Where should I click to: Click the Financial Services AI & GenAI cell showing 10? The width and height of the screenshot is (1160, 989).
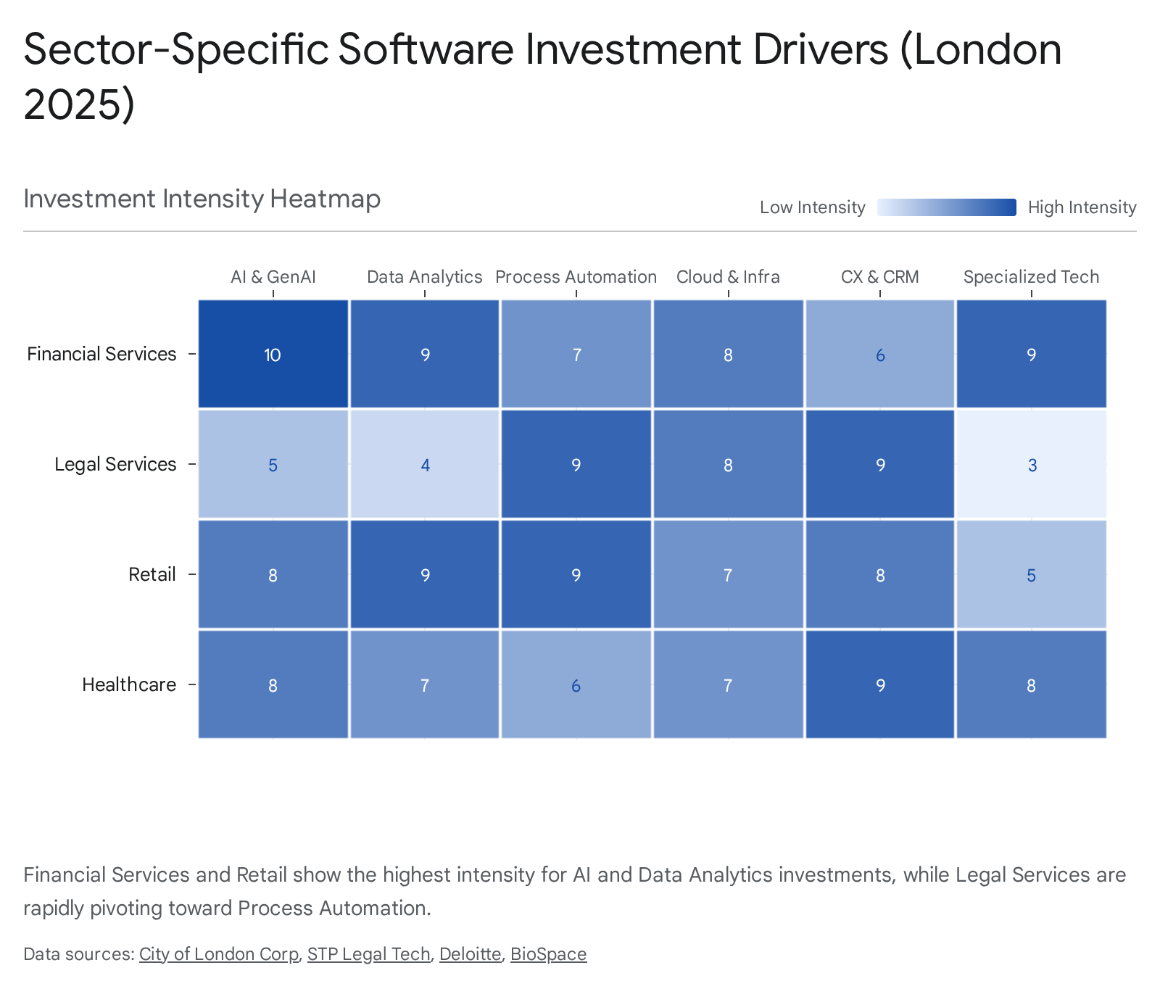pos(273,355)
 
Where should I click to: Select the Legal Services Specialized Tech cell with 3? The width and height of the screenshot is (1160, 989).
pos(1032,465)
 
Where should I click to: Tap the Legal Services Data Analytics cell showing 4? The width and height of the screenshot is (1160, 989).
pos(425,465)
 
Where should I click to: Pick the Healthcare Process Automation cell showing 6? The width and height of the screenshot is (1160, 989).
pos(576,685)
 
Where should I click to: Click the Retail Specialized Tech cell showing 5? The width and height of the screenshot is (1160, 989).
pos(1032,575)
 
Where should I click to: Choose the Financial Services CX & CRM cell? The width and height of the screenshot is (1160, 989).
pos(879,355)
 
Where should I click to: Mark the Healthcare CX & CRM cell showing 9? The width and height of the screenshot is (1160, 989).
pos(879,685)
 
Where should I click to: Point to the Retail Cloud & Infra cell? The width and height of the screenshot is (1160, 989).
pos(728,575)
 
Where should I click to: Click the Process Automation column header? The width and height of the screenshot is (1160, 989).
pos(576,277)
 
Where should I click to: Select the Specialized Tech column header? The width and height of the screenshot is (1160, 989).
pos(1031,277)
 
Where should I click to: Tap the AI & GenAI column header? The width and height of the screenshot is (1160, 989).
pos(273,277)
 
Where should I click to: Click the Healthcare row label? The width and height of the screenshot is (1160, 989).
pos(129,684)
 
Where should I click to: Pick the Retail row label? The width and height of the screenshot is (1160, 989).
pos(152,574)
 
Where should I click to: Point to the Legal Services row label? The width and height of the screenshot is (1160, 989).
pos(115,464)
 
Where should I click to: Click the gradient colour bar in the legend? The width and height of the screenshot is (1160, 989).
pos(946,207)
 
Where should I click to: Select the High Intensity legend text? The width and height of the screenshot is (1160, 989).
pos(1082,207)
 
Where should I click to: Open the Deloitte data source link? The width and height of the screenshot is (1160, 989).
pos(470,954)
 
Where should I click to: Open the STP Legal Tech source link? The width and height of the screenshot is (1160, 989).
pos(368,954)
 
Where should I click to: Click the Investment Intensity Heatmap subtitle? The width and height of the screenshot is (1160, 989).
pos(202,199)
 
